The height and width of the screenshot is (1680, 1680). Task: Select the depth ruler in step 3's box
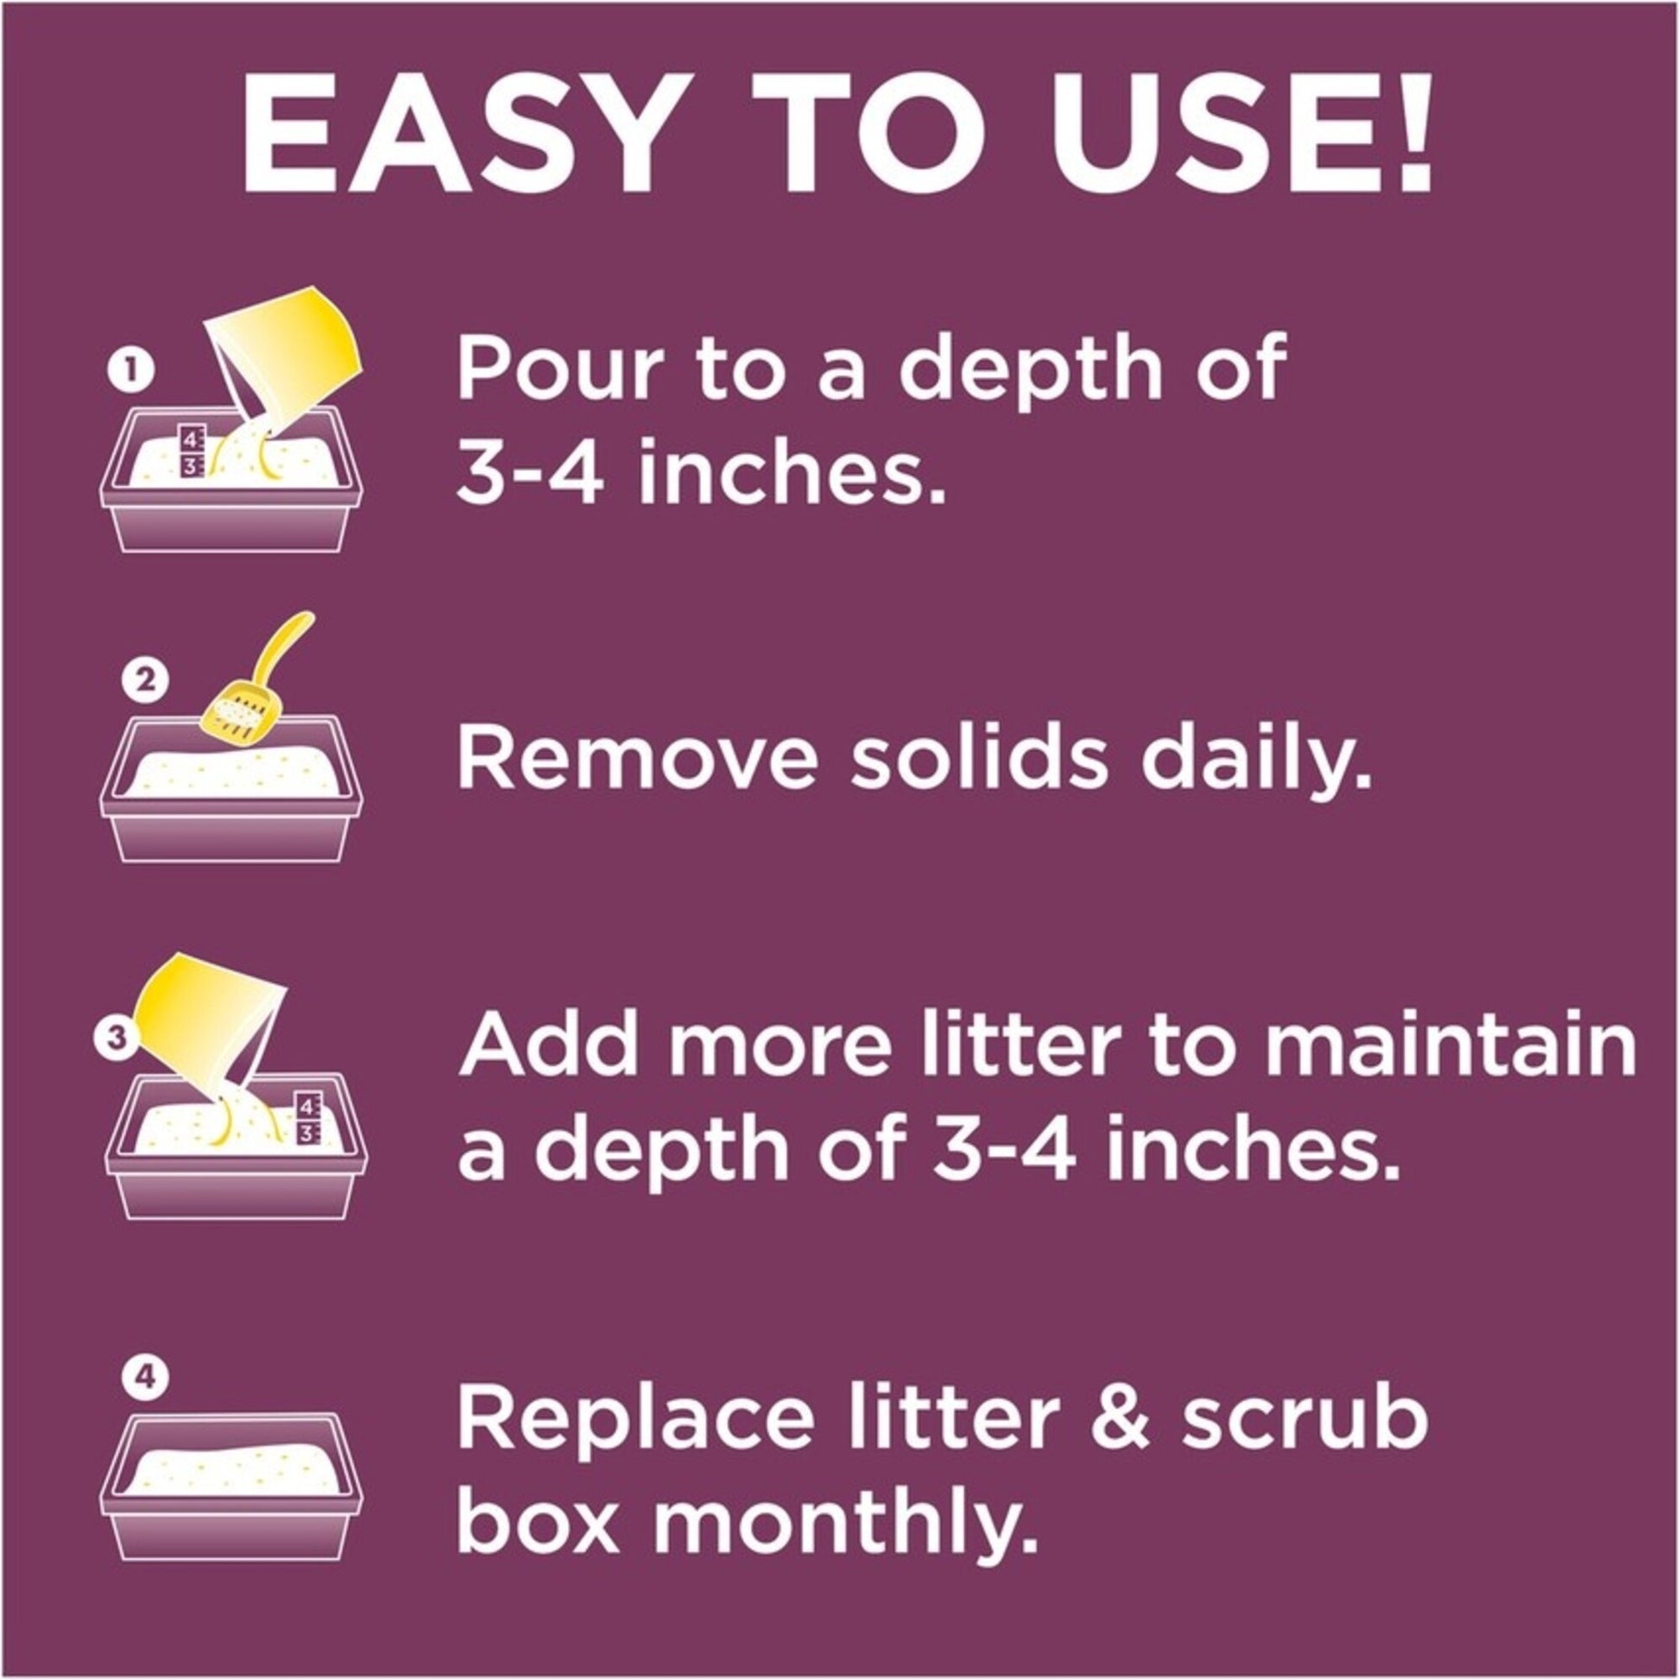pos(308,1118)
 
